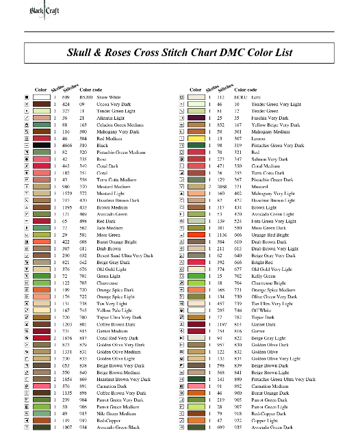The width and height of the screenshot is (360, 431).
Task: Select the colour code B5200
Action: click(86, 98)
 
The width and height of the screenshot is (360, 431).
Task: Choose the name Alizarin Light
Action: click(112, 117)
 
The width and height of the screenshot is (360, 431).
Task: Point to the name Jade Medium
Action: click(109, 228)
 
